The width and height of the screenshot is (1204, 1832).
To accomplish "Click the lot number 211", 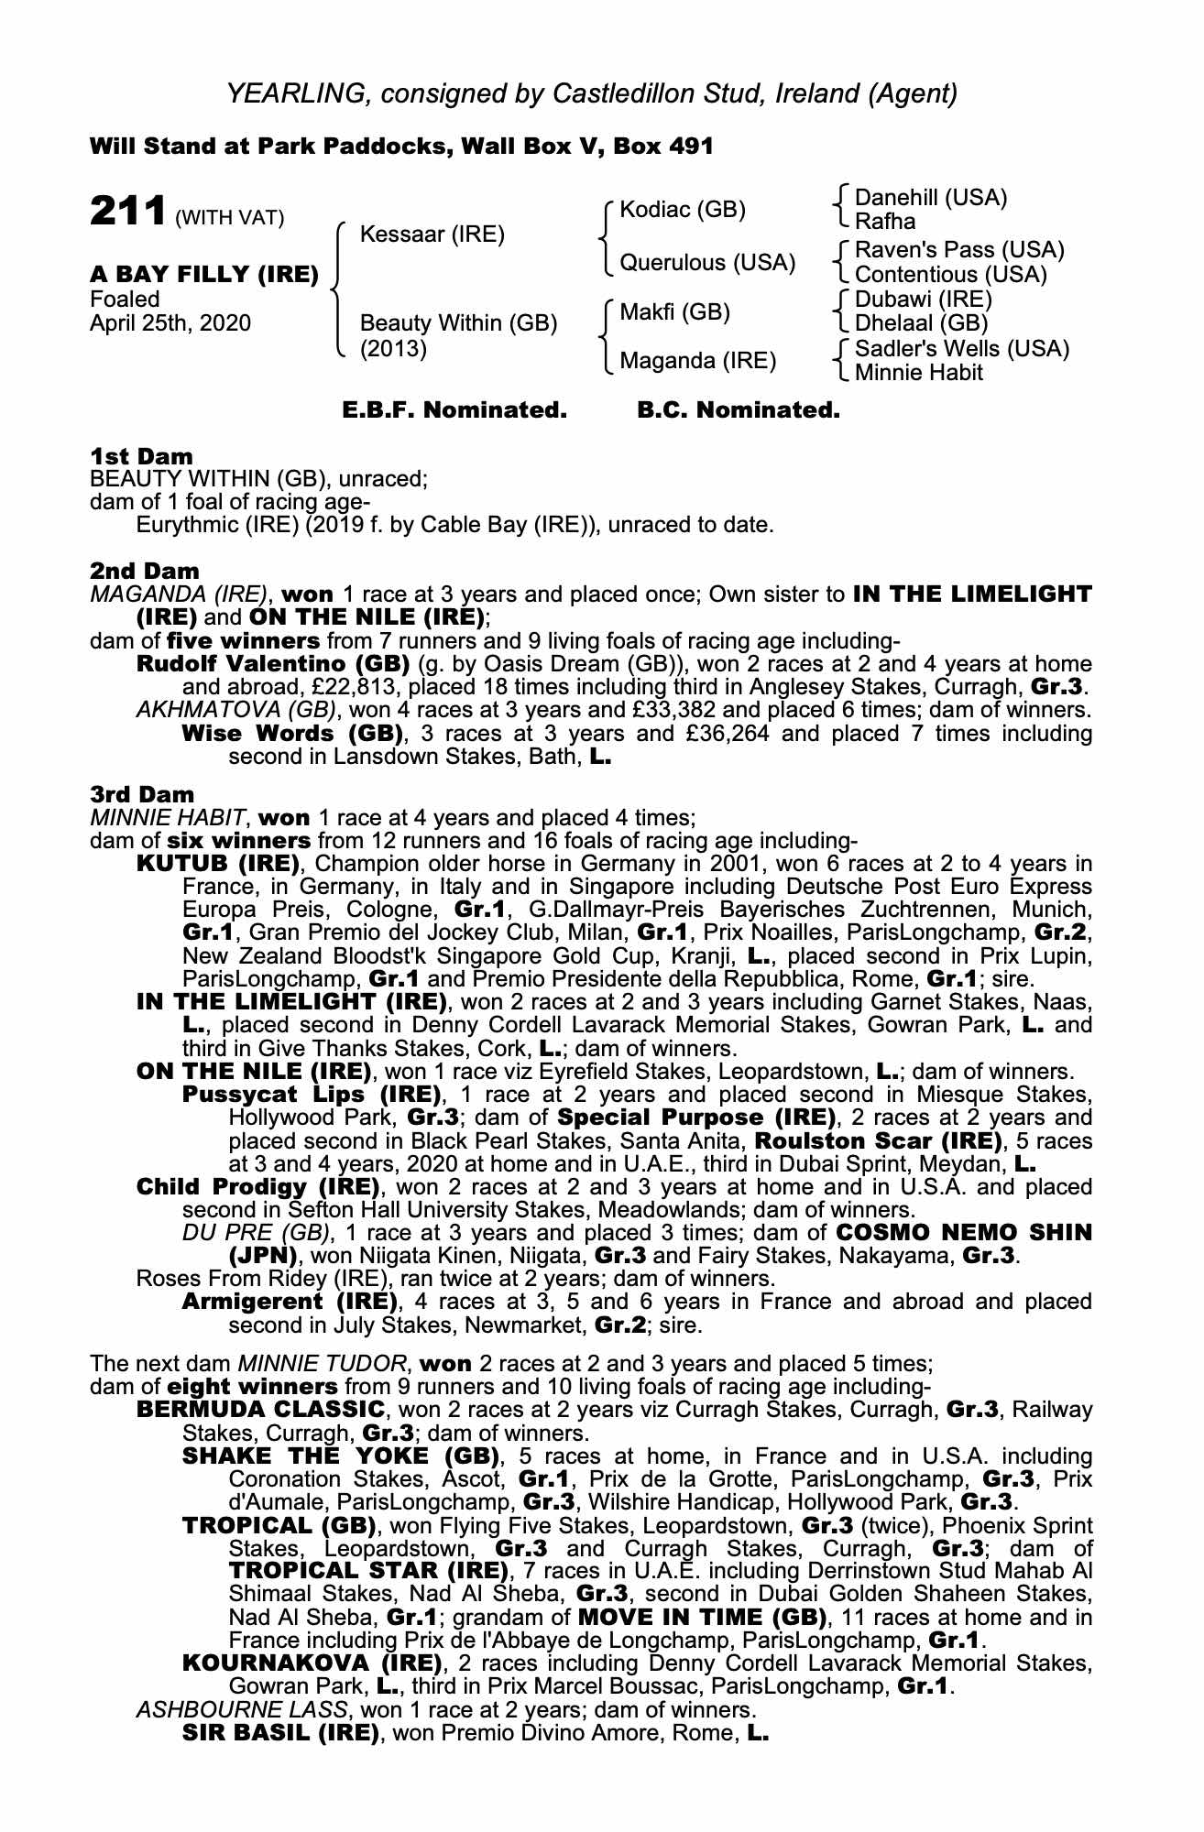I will coord(128,211).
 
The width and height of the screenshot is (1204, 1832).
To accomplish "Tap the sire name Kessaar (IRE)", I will coord(432,234).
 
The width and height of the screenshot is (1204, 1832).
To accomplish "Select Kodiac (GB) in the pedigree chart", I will coord(683,210).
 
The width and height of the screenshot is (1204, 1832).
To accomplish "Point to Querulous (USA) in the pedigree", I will coord(707,263).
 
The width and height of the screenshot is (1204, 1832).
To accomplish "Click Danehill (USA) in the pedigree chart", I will coord(930,198).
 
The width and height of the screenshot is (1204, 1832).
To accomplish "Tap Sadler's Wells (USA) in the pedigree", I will coord(961,349).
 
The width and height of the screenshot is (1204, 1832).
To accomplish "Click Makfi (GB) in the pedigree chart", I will coord(674,312).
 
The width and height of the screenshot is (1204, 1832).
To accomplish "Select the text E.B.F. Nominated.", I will coord(454,410).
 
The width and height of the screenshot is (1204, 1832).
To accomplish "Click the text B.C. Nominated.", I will coord(739,410).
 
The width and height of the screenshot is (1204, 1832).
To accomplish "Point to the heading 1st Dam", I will coord(141,456).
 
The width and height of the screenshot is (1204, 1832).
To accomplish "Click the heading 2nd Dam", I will coord(144,572).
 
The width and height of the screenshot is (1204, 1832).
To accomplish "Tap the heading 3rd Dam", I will coord(143,795).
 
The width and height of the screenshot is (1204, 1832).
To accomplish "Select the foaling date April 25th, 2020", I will coord(170,323).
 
